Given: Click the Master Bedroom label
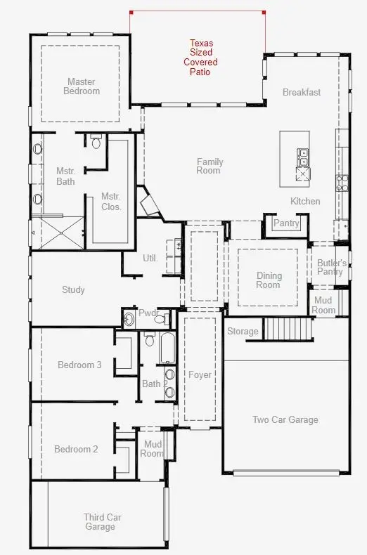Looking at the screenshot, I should tap(82, 86).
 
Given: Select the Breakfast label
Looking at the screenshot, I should tap(301, 92).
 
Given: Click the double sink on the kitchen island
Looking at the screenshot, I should tap(303, 155).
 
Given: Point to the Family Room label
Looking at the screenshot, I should tap(209, 166).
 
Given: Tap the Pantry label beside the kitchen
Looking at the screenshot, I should tap(286, 223).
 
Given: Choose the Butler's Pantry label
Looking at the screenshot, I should tap(330, 267).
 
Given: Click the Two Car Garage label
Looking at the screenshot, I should tap(285, 420).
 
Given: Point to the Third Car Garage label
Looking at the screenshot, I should tap(103, 522).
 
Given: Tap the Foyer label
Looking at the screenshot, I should tap(200, 375).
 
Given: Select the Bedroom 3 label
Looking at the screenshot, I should tap(79, 365).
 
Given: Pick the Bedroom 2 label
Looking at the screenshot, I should tap(77, 449).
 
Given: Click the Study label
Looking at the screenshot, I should tap(73, 289).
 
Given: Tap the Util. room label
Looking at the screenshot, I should tap(150, 258).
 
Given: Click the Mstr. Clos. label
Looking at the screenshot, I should tap(111, 202).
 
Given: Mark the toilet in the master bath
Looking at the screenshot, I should tap(96, 143).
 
